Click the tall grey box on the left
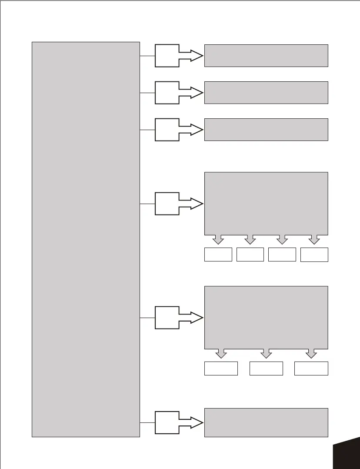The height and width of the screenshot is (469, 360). tap(86, 239)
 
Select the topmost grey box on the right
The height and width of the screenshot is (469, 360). tap(266, 55)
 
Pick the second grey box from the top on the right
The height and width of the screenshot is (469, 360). tap(266, 92)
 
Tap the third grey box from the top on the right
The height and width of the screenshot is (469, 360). tap(266, 129)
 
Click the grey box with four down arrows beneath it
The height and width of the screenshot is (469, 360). tap(266, 203)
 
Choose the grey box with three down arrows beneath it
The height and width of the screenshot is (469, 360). tap(266, 317)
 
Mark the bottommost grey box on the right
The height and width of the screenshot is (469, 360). tap(266, 422)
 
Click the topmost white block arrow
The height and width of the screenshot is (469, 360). tap(176, 56)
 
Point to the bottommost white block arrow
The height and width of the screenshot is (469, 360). tap(176, 422)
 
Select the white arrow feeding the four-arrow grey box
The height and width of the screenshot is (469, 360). tap(176, 204)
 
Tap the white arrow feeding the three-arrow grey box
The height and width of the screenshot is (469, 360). tap(176, 318)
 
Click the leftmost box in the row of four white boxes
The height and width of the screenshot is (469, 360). tap(218, 255)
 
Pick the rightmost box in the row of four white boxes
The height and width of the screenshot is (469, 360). tap(314, 255)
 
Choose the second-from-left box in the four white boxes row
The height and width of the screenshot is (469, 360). tap(250, 255)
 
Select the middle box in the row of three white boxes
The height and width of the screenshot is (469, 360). tap(266, 368)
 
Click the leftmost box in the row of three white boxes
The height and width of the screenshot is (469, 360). tap(221, 368)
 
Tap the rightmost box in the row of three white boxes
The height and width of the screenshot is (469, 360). tap(311, 368)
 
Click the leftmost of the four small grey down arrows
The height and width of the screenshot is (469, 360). tap(218, 239)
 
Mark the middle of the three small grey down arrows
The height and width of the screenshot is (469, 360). tap(266, 353)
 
